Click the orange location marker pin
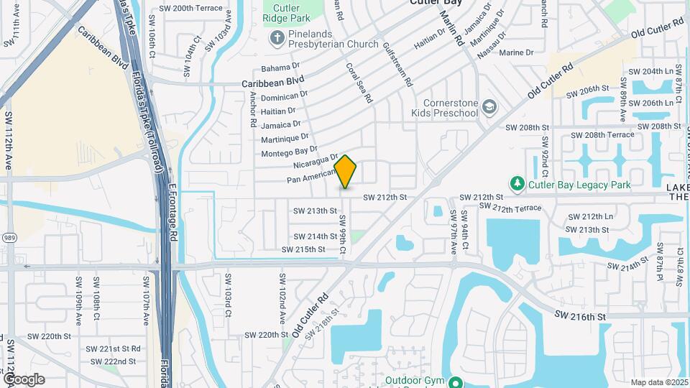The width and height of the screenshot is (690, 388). (x=346, y=172)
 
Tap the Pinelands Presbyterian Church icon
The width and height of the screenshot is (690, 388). (x=277, y=37)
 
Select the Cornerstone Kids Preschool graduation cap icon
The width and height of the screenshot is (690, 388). (x=489, y=107)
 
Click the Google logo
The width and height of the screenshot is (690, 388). (x=24, y=379)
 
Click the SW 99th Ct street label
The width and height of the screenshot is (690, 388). (x=343, y=234)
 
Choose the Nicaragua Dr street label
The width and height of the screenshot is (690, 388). (x=315, y=158)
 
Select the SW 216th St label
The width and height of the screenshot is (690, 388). (x=581, y=316)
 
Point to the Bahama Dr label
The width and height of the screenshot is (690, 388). (x=279, y=68)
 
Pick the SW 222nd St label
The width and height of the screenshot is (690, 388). (x=110, y=361)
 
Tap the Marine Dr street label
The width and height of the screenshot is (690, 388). (x=516, y=53)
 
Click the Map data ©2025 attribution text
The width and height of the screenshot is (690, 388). (x=658, y=382)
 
